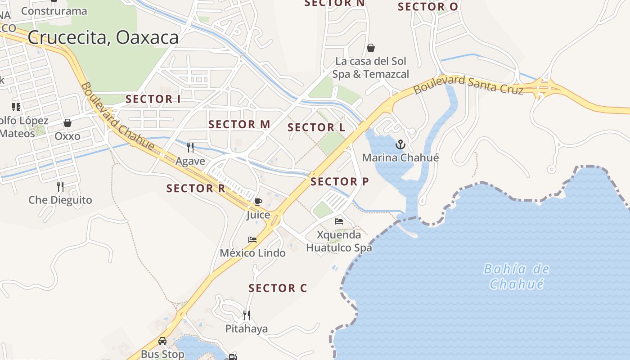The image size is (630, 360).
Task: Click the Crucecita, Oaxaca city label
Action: pos(103,38)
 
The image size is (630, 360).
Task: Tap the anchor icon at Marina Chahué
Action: pos(400,144)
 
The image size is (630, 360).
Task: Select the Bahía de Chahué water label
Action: pos(516,276)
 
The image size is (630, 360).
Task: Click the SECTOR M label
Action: pos(239,124)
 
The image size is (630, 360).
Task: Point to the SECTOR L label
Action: pos(316,127)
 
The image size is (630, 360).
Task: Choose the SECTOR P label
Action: pos(339,181)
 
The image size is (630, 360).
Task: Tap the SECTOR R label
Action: pos(195,188)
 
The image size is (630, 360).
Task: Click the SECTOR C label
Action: pos(278,288)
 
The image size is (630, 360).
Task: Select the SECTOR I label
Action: pos(153,99)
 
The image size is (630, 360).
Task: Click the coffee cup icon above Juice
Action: pos(258,201)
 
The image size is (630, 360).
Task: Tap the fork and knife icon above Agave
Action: pos(190,147)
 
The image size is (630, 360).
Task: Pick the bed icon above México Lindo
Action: pos(252,239)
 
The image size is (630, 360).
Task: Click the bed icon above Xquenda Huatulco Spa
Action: pos(339,221)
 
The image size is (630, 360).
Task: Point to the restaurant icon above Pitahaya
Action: pos(246,315)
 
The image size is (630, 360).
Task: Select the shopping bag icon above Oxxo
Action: pos(67,122)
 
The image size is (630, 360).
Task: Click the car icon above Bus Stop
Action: pos(162,341)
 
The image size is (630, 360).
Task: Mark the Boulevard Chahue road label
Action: pos(117,116)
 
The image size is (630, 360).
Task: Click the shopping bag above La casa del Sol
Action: pos(371,47)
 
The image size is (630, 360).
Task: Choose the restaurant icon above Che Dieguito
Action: pos(60,186)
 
